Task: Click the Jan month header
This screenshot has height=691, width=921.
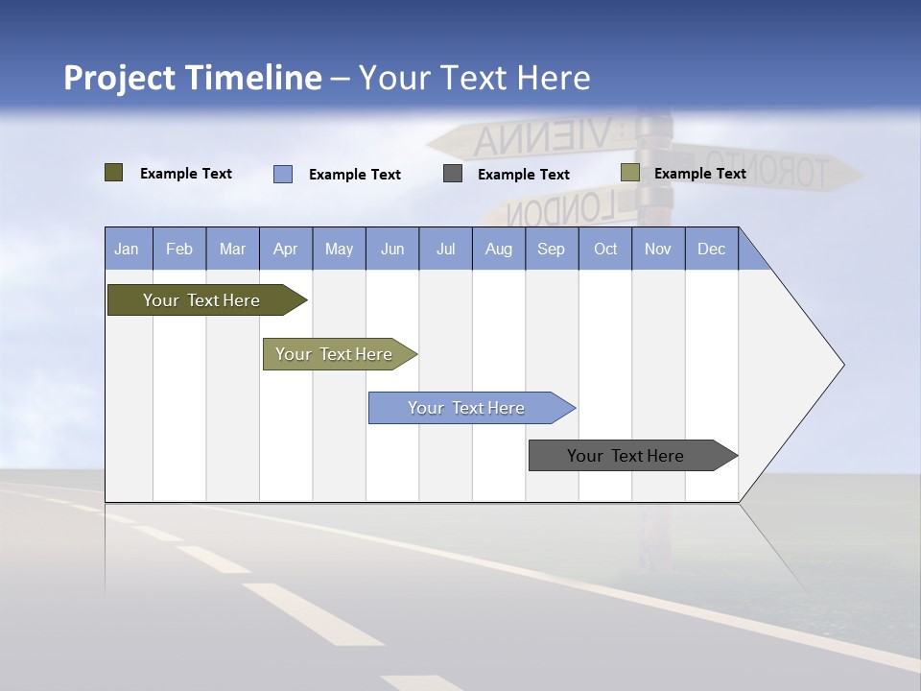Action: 128,249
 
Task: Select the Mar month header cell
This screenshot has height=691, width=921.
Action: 232,249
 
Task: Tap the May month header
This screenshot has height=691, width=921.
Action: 339,249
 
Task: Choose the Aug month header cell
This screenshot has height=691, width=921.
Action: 498,249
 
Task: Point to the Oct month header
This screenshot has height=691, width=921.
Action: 604,249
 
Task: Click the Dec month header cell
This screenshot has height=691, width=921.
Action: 711,249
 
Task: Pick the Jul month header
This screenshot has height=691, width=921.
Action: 445,249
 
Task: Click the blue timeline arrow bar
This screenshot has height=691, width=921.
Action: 468,408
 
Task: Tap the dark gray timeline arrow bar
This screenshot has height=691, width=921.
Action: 628,456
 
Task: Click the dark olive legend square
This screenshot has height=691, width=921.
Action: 114,173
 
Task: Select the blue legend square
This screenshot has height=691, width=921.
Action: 283,174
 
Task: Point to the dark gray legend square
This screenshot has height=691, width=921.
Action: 453,174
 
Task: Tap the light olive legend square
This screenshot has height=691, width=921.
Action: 629,173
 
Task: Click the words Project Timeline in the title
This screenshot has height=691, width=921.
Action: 192,78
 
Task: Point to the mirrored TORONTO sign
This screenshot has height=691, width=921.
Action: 767,170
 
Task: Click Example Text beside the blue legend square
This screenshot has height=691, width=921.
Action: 354,175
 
